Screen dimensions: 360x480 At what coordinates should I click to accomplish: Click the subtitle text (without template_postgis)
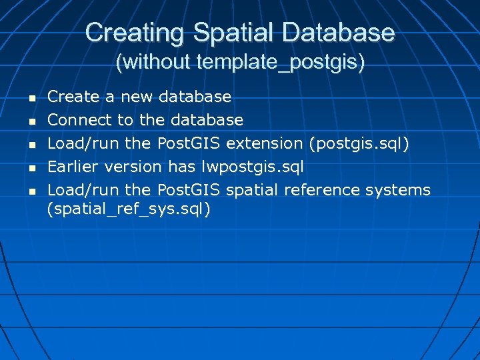pyautogui.click(x=240, y=63)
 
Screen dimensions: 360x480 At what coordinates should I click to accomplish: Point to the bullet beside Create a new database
pyautogui.click(x=31, y=98)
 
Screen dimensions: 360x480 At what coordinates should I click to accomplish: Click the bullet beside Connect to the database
pyautogui.click(x=31, y=121)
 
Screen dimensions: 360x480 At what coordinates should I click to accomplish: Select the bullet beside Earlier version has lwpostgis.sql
pyautogui.click(x=31, y=168)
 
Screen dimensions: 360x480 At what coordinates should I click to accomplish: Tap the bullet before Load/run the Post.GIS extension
pyautogui.click(x=31, y=145)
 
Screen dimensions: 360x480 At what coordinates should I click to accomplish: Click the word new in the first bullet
pyautogui.click(x=136, y=97)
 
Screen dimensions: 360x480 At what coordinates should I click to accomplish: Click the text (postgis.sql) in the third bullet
pyautogui.click(x=363, y=143)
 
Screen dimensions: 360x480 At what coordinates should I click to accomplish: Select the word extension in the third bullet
pyautogui.click(x=264, y=143)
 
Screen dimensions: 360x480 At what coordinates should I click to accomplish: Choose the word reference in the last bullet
pyautogui.click(x=323, y=190)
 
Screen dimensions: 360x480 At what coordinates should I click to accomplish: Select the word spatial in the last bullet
pyautogui.click(x=253, y=190)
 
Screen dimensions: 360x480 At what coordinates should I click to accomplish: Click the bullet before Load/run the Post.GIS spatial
pyautogui.click(x=31, y=191)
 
